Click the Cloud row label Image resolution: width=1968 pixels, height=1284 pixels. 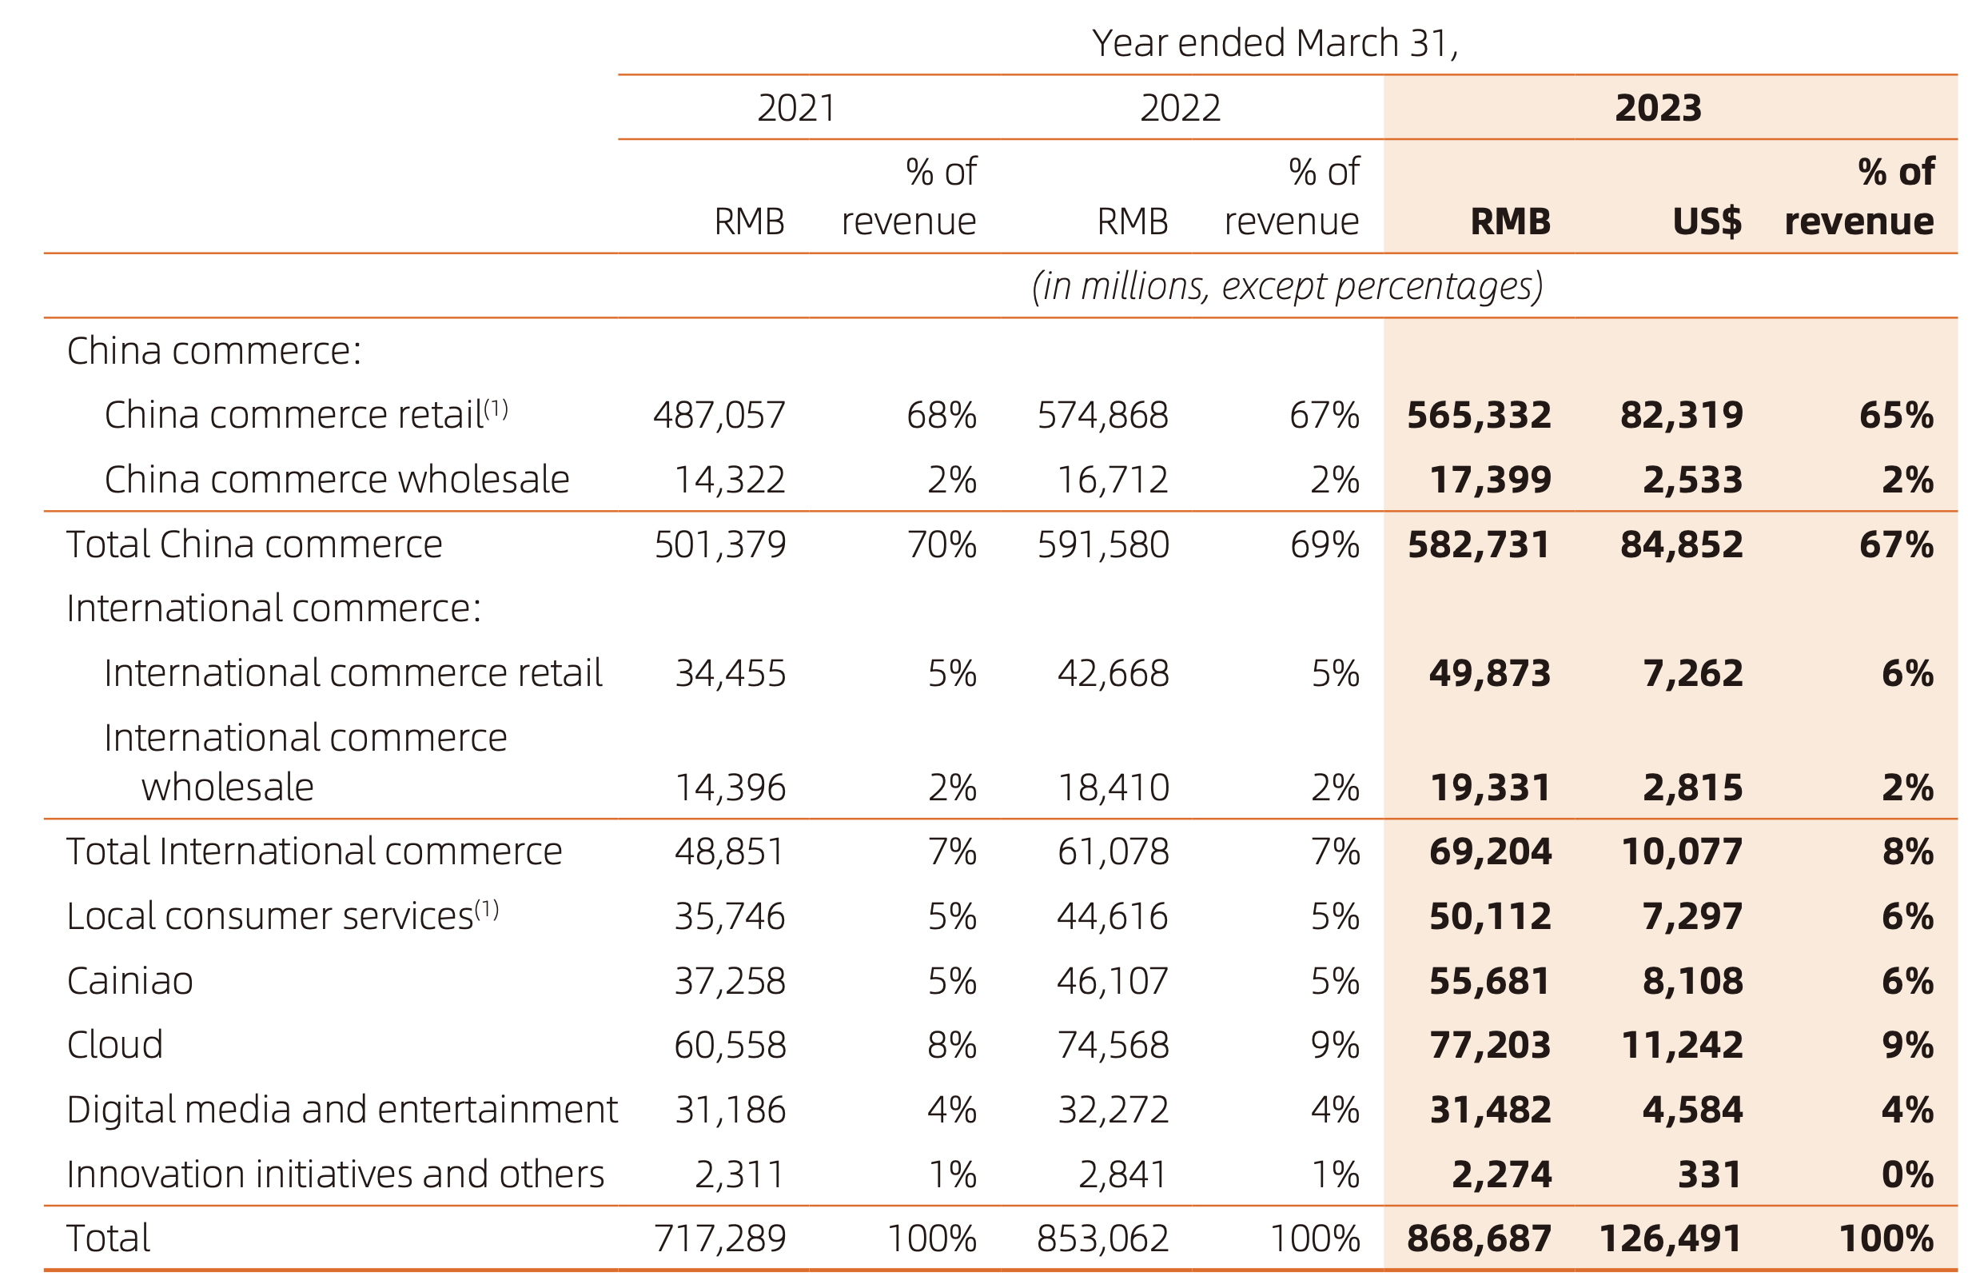pyautogui.click(x=115, y=1045)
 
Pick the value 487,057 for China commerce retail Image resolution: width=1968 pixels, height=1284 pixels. pyautogui.click(x=719, y=415)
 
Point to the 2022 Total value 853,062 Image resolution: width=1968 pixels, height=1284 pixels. pyautogui.click(x=1102, y=1238)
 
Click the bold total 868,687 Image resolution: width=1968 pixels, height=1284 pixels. pyautogui.click(x=1479, y=1238)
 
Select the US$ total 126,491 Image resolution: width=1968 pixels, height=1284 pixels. pyautogui.click(x=1671, y=1238)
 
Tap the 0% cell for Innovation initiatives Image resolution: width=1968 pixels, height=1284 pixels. pyautogui.click(x=1906, y=1174)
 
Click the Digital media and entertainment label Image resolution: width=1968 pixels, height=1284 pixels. pyautogui.click(x=341, y=1110)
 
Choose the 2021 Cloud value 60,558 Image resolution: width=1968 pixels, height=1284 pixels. pyautogui.click(x=729, y=1045)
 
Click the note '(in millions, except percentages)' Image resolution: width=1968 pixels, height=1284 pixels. pyautogui.click(x=1287, y=286)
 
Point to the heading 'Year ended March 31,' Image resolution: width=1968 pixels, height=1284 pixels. pyautogui.click(x=1274, y=43)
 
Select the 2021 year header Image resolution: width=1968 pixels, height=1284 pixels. pyautogui.click(x=796, y=108)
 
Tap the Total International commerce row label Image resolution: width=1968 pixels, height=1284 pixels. pyautogui.click(x=314, y=851)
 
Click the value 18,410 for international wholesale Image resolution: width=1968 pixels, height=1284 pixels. pyautogui.click(x=1113, y=787)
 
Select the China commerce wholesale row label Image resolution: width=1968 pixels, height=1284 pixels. pyautogui.click(x=337, y=480)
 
